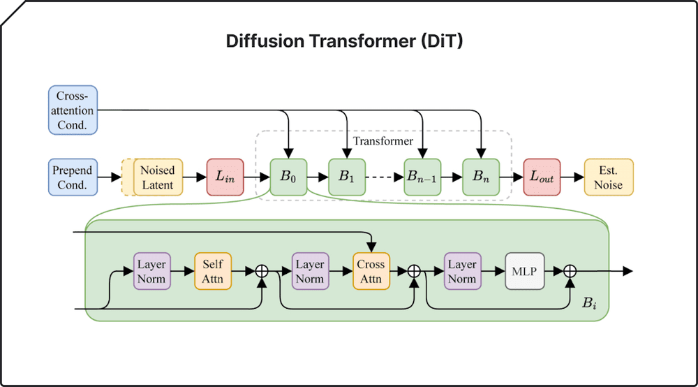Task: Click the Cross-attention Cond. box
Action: (x=73, y=110)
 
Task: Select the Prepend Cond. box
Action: (x=73, y=177)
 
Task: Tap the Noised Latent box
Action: (x=158, y=177)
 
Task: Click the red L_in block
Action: (x=225, y=177)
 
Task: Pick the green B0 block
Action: (x=288, y=177)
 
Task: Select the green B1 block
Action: (x=347, y=177)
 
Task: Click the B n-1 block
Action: (x=422, y=177)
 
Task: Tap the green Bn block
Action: (x=481, y=177)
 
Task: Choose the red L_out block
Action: (x=542, y=177)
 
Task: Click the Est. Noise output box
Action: (x=609, y=177)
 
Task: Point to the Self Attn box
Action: (x=212, y=272)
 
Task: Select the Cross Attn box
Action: (x=370, y=272)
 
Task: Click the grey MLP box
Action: (x=524, y=272)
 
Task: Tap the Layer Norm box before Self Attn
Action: (x=151, y=272)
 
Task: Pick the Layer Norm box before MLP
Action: (x=462, y=272)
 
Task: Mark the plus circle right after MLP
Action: (x=570, y=272)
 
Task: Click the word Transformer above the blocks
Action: (x=383, y=141)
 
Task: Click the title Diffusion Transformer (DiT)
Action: (x=344, y=41)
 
